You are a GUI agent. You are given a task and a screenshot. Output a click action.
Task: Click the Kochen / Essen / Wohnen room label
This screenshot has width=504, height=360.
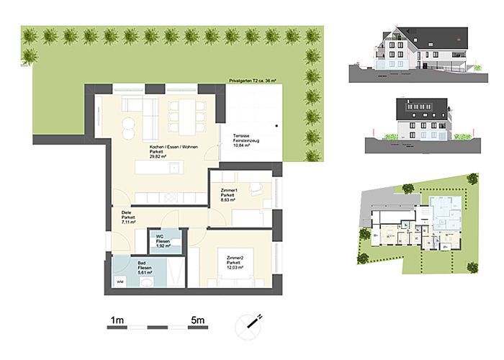168,147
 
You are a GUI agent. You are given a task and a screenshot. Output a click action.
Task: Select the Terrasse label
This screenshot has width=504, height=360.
240,136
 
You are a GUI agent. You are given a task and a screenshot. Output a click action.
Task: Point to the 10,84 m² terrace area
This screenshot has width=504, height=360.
241,145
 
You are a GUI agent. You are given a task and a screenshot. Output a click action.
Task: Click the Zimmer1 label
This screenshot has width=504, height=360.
230,189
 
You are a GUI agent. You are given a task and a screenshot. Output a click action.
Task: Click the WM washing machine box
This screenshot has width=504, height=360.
120,282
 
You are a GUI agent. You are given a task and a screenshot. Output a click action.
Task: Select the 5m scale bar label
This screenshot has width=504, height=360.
199,318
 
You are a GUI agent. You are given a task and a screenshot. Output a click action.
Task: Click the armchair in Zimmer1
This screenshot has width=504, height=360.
256,189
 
